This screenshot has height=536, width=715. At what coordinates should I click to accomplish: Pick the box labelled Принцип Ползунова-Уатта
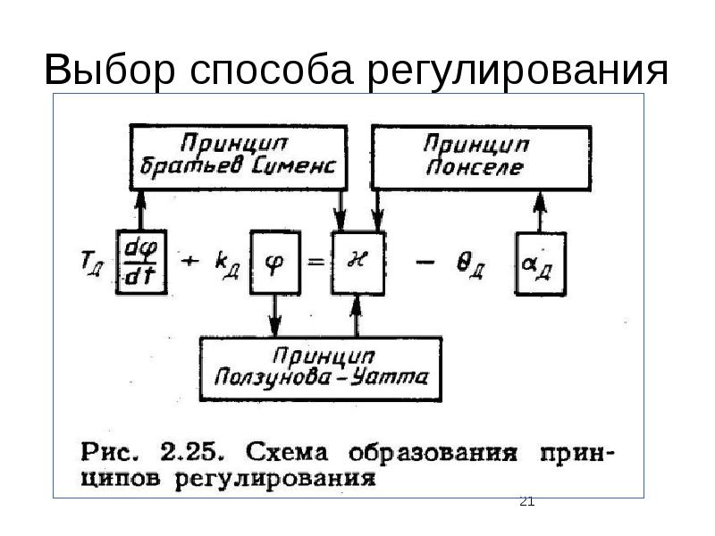320,363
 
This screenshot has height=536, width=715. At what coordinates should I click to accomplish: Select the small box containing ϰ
357,262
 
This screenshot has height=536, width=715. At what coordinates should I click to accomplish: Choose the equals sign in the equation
314,261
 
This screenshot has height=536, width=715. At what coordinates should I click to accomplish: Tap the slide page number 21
526,501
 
